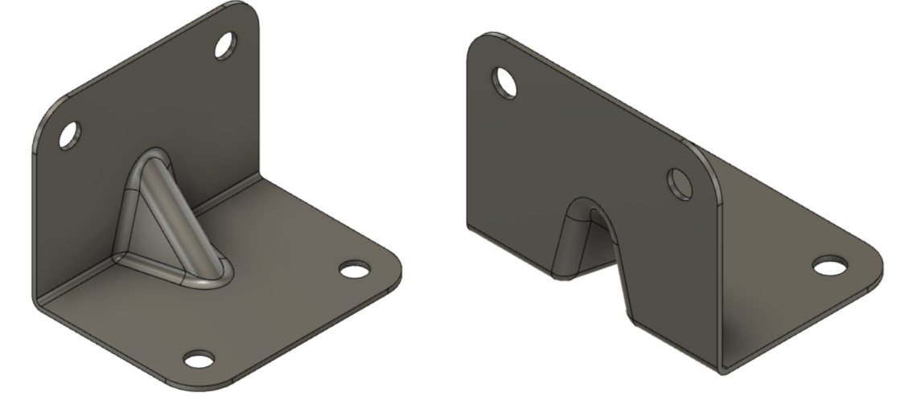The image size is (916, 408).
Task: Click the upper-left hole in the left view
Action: click(x=69, y=134)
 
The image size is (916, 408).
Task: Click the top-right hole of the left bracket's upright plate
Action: click(x=224, y=46)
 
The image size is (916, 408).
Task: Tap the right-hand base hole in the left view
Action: click(x=353, y=269)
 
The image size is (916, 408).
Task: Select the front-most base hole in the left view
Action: click(x=199, y=359)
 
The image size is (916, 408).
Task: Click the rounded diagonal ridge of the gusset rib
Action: click(x=181, y=217)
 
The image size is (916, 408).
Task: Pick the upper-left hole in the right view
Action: click(x=505, y=82)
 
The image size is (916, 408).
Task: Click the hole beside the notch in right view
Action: click(x=680, y=184)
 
